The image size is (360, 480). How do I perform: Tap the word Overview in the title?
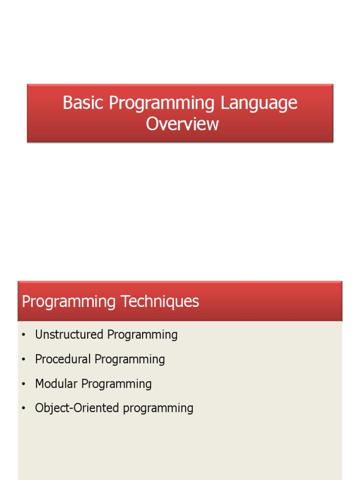coord(182,124)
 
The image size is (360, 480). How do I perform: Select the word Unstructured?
coord(69,335)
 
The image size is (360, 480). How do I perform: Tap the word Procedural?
coord(63,359)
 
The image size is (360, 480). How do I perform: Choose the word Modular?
coord(56,384)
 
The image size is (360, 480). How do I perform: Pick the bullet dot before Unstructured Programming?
coord(22,335)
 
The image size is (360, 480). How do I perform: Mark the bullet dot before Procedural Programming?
coord(22,360)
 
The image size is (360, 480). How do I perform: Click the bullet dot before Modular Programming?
coord(22,384)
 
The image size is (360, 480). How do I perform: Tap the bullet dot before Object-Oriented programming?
coord(22,408)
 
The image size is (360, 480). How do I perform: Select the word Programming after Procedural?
coord(130,360)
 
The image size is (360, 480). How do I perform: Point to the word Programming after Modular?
coord(117,384)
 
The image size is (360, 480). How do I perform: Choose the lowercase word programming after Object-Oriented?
coord(158,409)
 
